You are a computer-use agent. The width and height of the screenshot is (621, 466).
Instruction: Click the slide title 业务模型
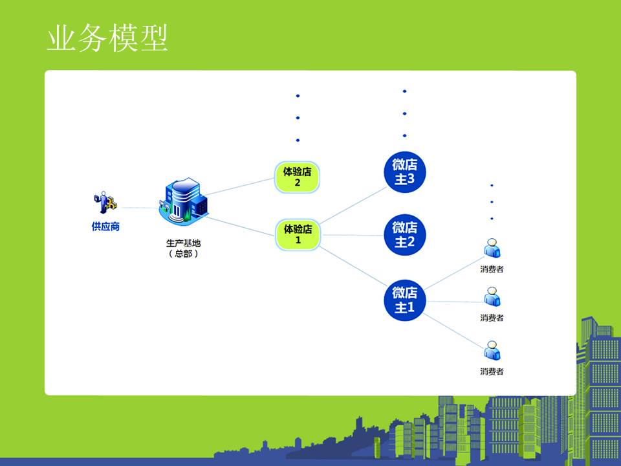pos(107,38)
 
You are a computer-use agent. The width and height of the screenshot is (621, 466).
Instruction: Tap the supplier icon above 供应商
pos(105,203)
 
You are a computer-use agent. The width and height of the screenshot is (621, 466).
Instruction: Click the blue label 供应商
pos(105,227)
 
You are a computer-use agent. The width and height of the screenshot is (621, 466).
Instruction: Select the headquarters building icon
pos(183,202)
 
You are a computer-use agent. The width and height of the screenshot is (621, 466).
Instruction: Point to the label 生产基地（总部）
pos(183,249)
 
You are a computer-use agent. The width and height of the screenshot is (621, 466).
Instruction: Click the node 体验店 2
pos(297,177)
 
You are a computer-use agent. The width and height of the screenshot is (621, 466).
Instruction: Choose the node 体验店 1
pos(298,234)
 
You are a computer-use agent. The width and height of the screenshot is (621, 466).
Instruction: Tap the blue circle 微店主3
pos(404,172)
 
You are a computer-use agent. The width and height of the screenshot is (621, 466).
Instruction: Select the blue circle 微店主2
pos(404,234)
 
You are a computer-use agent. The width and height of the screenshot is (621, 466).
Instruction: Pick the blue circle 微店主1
pos(404,300)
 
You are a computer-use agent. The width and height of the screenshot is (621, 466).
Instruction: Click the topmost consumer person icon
pos(492,248)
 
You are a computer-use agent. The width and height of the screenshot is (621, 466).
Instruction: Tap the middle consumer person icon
pos(492,297)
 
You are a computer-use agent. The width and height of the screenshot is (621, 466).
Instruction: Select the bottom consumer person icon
pos(492,351)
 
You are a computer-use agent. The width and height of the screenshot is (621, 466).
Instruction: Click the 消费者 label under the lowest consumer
pos(492,372)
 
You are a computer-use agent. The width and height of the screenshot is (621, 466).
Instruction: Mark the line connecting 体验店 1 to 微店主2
pos(352,235)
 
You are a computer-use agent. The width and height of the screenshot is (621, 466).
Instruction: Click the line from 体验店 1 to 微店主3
pos(353,205)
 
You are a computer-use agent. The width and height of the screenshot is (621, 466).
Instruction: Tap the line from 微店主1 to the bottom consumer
pos(454,331)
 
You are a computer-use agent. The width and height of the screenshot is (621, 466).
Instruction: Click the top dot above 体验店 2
pos(298,96)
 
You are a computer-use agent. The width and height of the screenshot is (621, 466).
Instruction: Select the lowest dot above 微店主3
pos(404,135)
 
